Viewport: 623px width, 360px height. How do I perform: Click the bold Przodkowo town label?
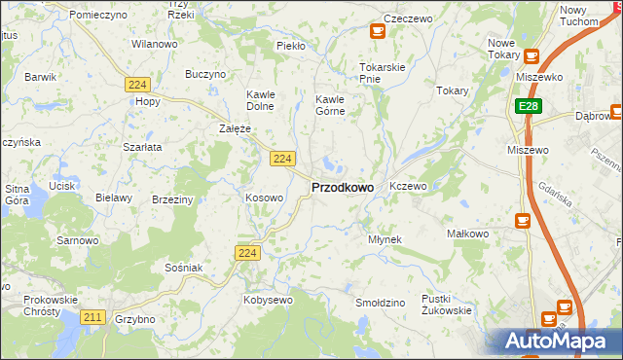click(x=342, y=188)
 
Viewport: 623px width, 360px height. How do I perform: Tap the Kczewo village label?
click(x=408, y=186)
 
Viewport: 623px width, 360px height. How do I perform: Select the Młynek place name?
click(x=385, y=239)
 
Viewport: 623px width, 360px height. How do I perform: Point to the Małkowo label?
click(x=464, y=234)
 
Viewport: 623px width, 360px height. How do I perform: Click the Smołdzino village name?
click(x=380, y=304)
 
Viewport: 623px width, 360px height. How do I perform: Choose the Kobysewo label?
click(x=268, y=301)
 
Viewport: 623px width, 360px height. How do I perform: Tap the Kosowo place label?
click(x=265, y=198)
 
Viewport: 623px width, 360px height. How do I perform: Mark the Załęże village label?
click(x=236, y=128)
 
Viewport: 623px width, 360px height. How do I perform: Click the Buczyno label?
click(x=205, y=74)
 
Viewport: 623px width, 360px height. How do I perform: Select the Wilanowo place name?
click(x=155, y=45)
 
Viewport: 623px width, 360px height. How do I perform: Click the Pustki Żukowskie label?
click(x=446, y=305)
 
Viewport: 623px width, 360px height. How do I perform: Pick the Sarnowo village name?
click(x=78, y=240)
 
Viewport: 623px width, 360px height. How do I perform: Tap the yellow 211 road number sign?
click(x=93, y=317)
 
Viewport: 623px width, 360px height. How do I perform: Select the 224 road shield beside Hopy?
click(x=136, y=86)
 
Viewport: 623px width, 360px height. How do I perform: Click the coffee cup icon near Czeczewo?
click(x=377, y=30)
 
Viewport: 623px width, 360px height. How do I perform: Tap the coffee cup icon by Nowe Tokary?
click(x=531, y=57)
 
